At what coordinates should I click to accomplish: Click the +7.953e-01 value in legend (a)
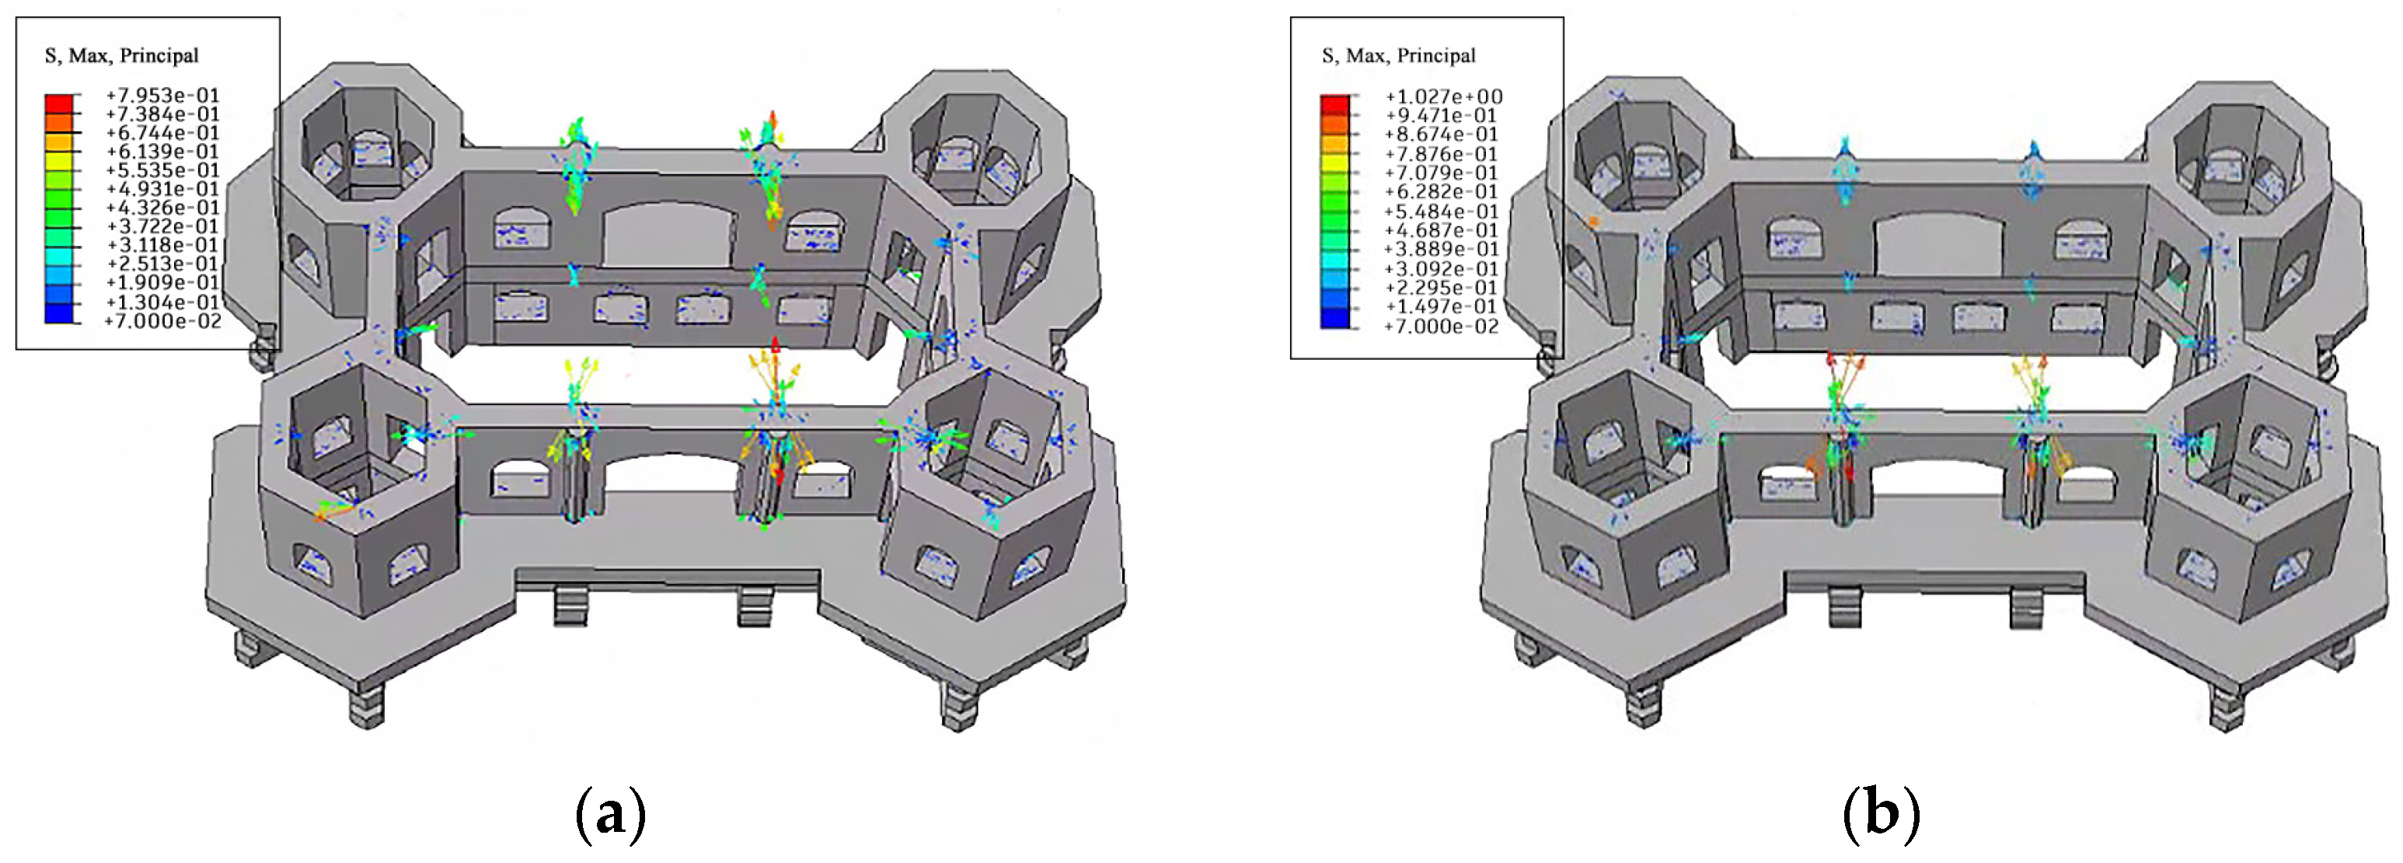(162, 95)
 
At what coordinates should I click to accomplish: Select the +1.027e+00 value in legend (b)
(1443, 96)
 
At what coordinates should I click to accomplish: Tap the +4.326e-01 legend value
(162, 207)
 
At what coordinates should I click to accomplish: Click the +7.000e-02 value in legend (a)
(162, 321)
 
